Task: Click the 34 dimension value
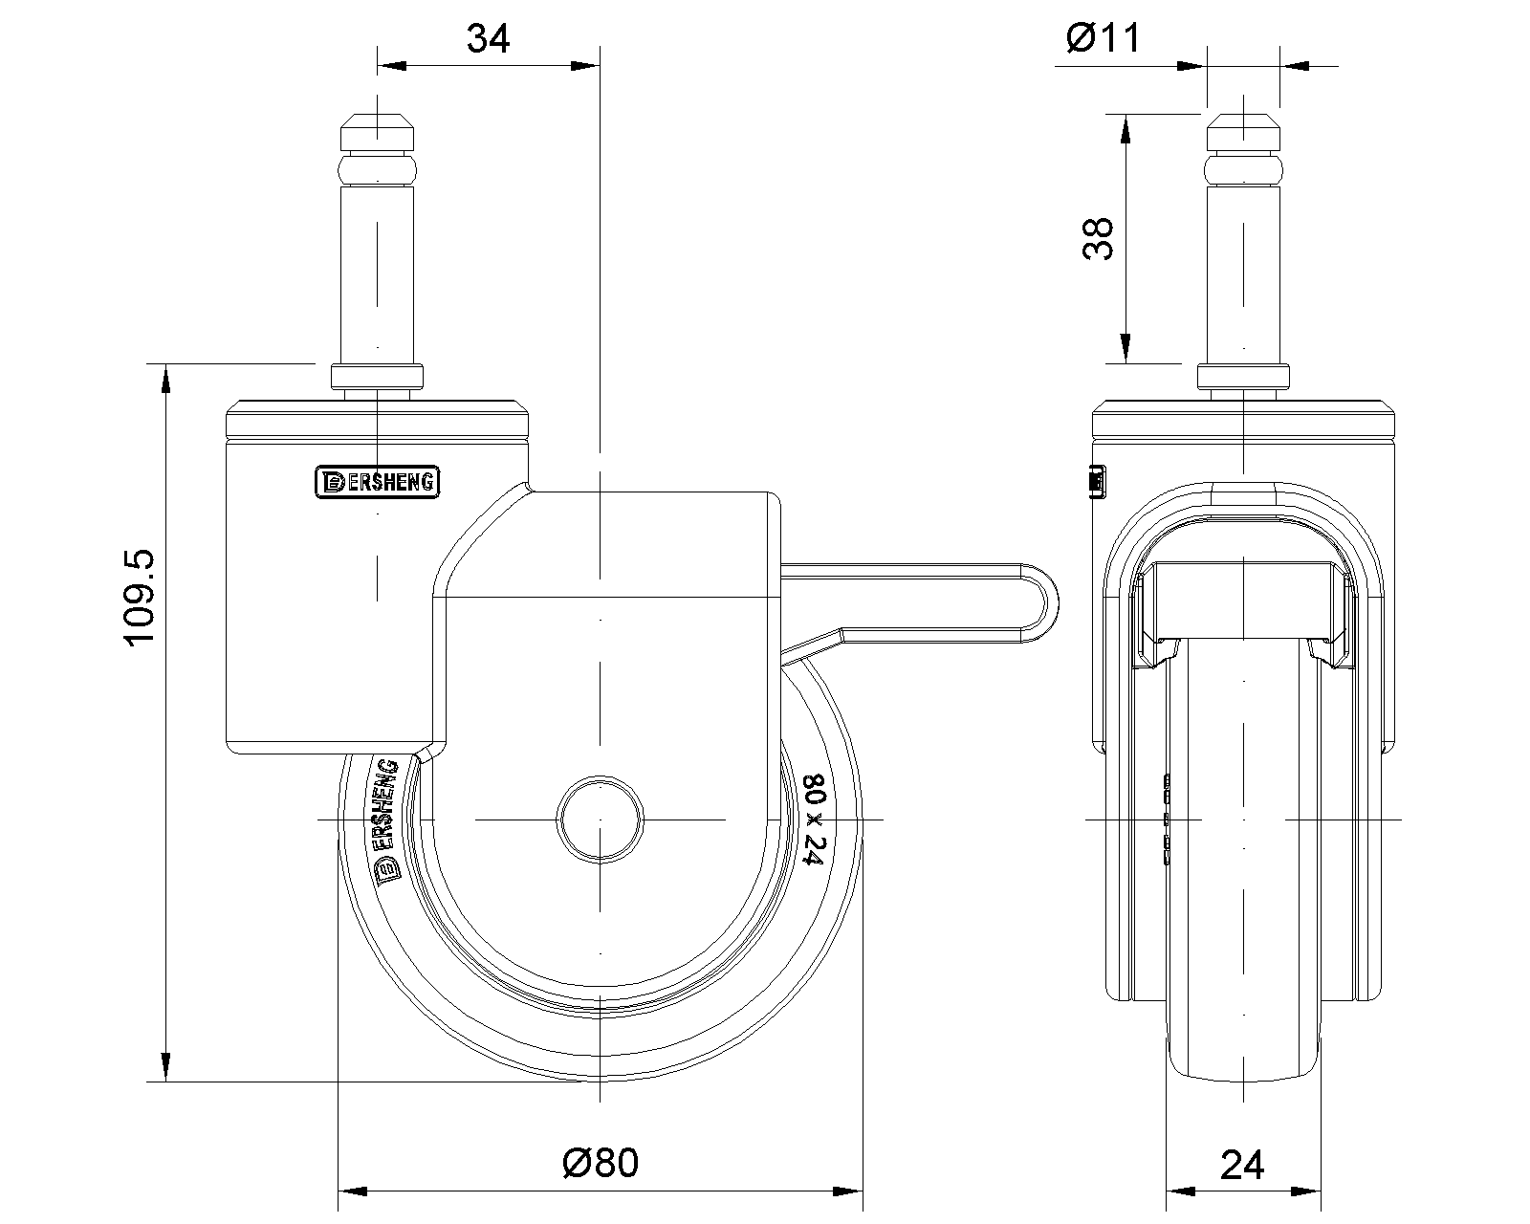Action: tap(488, 38)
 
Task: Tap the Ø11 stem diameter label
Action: tap(1103, 37)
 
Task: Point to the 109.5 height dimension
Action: tap(140, 598)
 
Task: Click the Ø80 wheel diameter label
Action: tap(601, 1162)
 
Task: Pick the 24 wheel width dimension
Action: tap(1242, 1165)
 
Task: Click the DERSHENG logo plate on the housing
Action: tap(378, 482)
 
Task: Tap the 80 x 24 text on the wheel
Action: tap(814, 820)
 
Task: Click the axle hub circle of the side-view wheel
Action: tap(601, 820)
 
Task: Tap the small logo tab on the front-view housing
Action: tap(1098, 482)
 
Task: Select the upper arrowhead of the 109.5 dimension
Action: tap(165, 379)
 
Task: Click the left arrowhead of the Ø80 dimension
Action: tap(353, 1191)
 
